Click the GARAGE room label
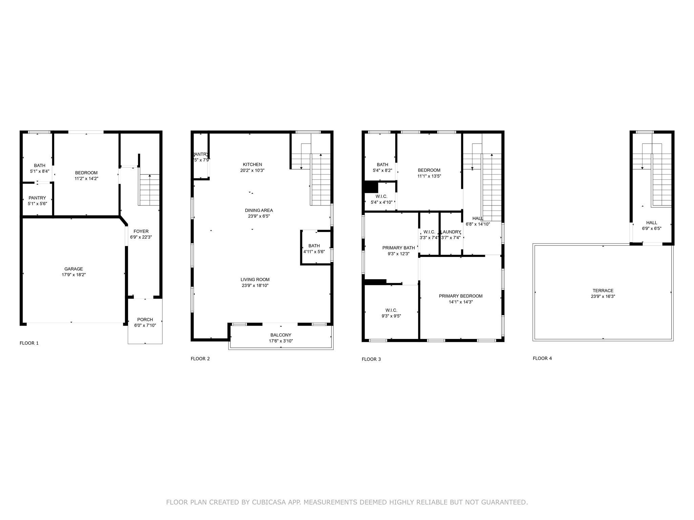click(74, 269)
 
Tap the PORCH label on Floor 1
click(145, 320)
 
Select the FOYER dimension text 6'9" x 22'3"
click(141, 237)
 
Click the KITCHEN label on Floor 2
click(252, 165)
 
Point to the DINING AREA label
click(259, 210)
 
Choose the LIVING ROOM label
click(255, 280)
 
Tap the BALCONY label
click(281, 335)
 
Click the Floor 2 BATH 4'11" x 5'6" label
click(314, 246)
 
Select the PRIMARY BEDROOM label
click(461, 296)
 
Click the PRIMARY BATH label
click(399, 248)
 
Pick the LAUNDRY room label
click(451, 232)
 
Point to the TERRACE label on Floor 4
click(603, 290)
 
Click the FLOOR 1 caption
click(29, 343)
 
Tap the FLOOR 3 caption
click(371, 359)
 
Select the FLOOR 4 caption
click(542, 358)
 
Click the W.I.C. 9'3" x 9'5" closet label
click(391, 310)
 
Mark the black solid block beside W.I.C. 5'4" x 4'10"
click(371, 187)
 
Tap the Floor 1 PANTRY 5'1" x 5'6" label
click(37, 198)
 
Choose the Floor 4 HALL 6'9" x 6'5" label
click(652, 223)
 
